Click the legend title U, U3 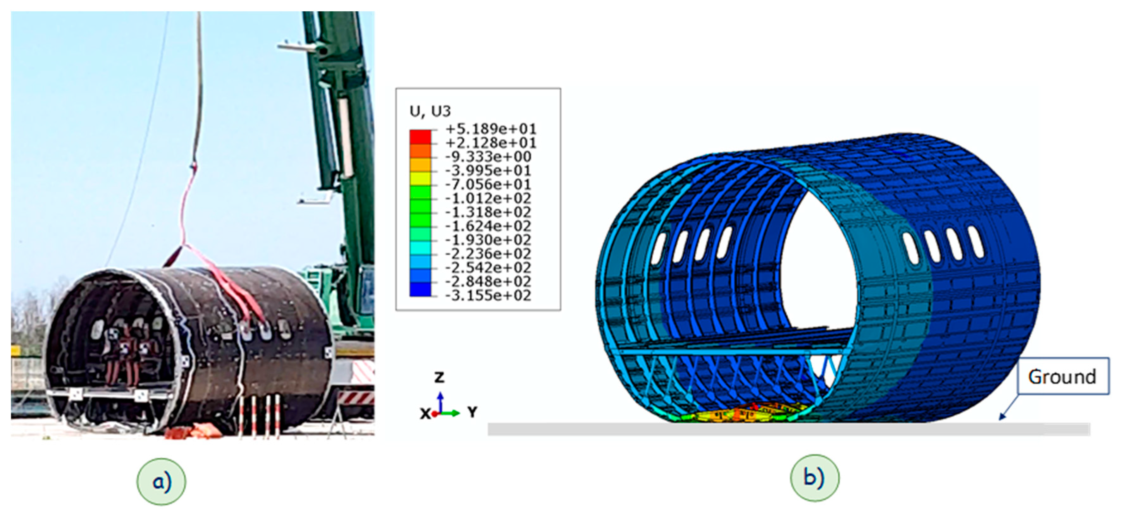click(430, 111)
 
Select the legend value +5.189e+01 click(490, 129)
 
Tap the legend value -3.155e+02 click(488, 296)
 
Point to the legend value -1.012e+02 click(488, 198)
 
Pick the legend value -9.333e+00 click(488, 156)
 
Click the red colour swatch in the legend click(420, 136)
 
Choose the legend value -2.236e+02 click(488, 254)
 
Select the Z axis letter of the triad click(439, 376)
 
